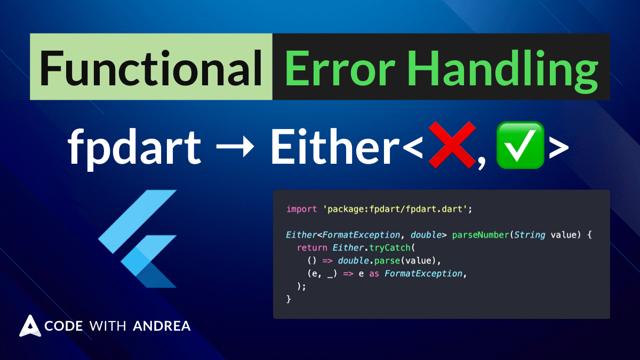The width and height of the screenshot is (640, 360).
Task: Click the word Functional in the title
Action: [151, 67]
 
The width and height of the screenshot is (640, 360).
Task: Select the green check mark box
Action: [520, 146]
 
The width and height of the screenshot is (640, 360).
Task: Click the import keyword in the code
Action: [302, 209]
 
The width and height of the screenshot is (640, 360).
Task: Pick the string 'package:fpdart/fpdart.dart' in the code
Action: [397, 209]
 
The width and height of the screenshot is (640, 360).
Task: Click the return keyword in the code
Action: [312, 247]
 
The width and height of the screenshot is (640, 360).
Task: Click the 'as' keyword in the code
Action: [374, 274]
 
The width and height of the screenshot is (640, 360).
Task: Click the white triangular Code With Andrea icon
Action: [30, 326]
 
